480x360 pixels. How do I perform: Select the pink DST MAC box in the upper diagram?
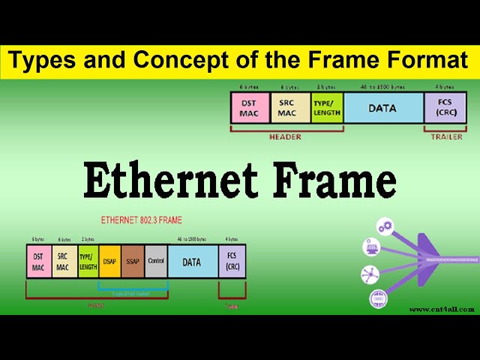(x=249, y=108)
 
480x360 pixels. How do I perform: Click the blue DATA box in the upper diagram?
(x=382, y=108)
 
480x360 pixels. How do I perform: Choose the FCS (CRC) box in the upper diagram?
(x=445, y=108)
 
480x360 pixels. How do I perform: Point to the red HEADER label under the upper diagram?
(x=284, y=137)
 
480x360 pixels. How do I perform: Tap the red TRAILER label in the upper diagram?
(x=447, y=137)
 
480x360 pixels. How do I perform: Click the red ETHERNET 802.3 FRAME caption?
(x=142, y=221)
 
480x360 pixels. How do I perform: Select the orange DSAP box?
(x=109, y=261)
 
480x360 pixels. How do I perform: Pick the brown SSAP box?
(x=132, y=261)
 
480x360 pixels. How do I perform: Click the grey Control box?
(x=156, y=261)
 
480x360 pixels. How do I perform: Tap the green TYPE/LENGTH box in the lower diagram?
(x=88, y=262)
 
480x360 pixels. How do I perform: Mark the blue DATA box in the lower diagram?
(x=192, y=262)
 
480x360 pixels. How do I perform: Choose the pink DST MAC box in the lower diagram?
(x=38, y=262)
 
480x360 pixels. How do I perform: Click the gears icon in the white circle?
(x=386, y=226)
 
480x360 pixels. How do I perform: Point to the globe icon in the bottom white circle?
(x=378, y=298)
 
